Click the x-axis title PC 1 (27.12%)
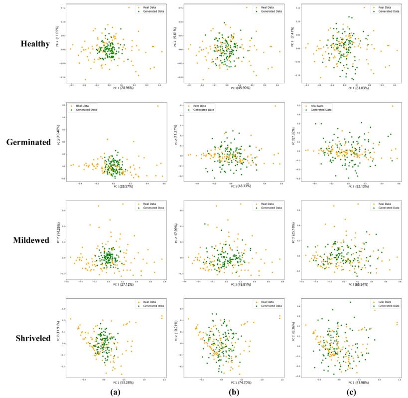pyautogui.click(x=116, y=285)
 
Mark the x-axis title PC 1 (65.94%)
pyautogui.click(x=349, y=285)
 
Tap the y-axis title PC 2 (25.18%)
pyautogui.click(x=292, y=239)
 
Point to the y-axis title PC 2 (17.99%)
pyautogui.click(x=175, y=239)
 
